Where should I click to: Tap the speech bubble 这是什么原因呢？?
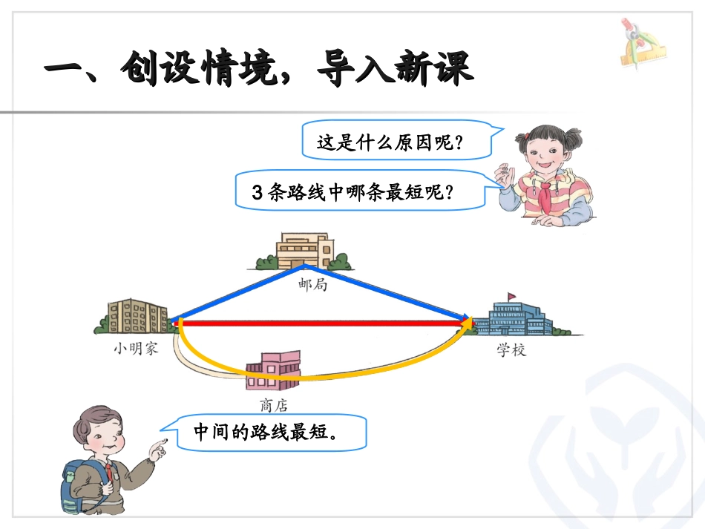pos(390,140)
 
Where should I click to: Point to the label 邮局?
pos(312,284)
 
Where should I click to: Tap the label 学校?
pos(511,349)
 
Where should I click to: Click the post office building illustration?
pos(303,249)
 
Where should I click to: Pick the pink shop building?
pos(273,371)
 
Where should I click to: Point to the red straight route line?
pos(319,323)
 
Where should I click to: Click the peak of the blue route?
pos(303,266)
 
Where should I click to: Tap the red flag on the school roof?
pos(511,297)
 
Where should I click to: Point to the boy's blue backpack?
pos(75,487)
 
